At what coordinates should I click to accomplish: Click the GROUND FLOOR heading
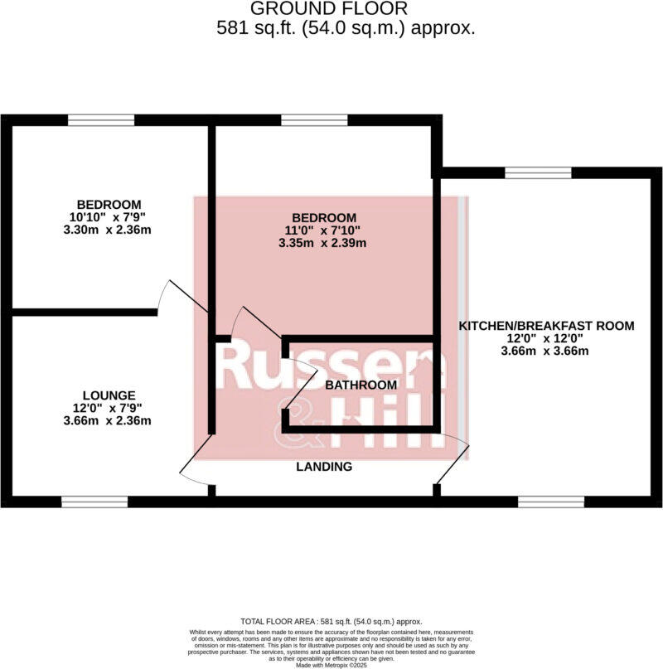[x=329, y=9]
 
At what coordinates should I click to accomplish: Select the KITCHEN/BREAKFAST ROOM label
[x=547, y=326]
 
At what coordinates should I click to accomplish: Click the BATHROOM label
[x=361, y=385]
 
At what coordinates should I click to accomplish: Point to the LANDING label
[x=324, y=467]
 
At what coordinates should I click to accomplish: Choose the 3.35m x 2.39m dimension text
[x=323, y=244]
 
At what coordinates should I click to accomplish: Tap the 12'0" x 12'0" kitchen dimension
[x=546, y=338]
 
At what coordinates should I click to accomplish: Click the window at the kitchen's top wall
[x=539, y=172]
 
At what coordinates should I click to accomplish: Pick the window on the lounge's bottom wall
[x=94, y=502]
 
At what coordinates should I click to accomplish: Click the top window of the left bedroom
[x=101, y=120]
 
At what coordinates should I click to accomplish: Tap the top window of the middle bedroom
[x=314, y=120]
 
